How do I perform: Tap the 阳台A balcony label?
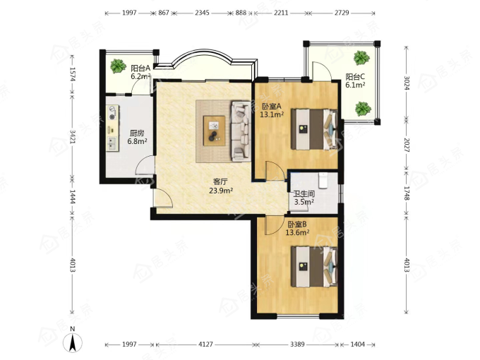click(x=140, y=72)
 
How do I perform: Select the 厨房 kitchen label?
click(x=137, y=137)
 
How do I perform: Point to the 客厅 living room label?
click(x=221, y=186)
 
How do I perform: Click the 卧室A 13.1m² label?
click(x=272, y=110)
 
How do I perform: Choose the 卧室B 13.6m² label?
click(x=297, y=229)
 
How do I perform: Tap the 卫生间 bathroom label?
click(x=304, y=198)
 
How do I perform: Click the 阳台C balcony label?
click(x=355, y=80)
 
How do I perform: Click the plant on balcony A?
click(x=118, y=66)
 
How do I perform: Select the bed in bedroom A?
click(x=314, y=129)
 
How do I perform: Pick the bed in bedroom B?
click(x=314, y=267)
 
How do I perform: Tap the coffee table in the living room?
click(x=215, y=131)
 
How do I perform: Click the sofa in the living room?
click(x=241, y=131)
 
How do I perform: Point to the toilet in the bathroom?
click(x=323, y=180)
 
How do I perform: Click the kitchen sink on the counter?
click(x=112, y=144)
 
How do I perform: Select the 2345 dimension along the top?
click(x=203, y=13)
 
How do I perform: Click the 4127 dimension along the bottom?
click(x=205, y=344)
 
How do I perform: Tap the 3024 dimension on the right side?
click(x=407, y=83)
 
